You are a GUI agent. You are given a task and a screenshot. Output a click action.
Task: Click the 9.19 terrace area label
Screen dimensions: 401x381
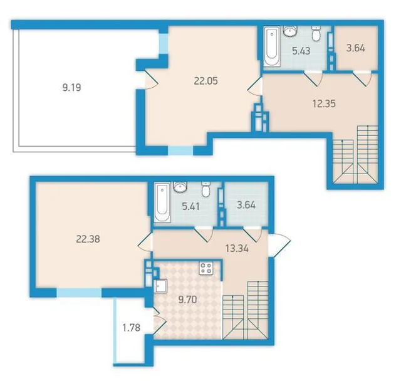pyautogui.click(x=72, y=88)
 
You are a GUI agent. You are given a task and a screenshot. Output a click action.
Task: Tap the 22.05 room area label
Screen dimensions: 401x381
pyautogui.click(x=206, y=81)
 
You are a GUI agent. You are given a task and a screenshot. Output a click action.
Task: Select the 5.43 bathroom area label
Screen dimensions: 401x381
pyautogui.click(x=301, y=51)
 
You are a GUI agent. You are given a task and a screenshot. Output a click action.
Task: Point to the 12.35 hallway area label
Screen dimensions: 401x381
pyautogui.click(x=324, y=104)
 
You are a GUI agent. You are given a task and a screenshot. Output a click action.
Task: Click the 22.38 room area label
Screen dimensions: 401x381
pyautogui.click(x=88, y=239)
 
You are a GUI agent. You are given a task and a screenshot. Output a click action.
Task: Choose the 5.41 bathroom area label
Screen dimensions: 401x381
pyautogui.click(x=190, y=206)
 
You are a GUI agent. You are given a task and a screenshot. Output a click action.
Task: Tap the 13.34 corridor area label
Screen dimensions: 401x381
pyautogui.click(x=237, y=248)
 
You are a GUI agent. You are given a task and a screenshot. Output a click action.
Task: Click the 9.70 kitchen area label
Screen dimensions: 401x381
pyautogui.click(x=188, y=300)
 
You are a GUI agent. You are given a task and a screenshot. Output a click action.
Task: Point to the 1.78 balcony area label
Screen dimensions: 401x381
pyautogui.click(x=132, y=328)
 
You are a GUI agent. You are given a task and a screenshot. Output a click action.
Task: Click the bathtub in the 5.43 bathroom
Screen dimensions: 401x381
pyautogui.click(x=272, y=46)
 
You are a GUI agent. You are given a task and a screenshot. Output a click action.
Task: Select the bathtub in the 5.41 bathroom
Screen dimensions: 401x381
pyautogui.click(x=162, y=202)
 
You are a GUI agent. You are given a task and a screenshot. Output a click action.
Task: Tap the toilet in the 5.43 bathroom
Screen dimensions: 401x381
pyautogui.click(x=316, y=33)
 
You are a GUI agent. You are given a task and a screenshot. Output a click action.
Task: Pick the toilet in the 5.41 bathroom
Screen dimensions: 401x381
pyautogui.click(x=206, y=189)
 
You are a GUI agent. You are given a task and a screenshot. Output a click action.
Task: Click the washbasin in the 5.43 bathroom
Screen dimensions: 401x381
pyautogui.click(x=290, y=31)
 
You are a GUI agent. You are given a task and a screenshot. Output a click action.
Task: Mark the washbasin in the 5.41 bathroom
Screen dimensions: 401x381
pyautogui.click(x=180, y=187)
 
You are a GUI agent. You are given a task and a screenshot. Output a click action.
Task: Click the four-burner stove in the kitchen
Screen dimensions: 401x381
pyautogui.click(x=206, y=268)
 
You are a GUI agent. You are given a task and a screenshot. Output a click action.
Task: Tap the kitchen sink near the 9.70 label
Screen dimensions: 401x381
pyautogui.click(x=160, y=286)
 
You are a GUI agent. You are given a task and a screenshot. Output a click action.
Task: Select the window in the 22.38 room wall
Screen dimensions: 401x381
pyautogui.click(x=79, y=293)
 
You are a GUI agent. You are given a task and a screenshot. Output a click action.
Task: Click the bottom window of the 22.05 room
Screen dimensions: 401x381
pyautogui.click(x=180, y=150)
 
